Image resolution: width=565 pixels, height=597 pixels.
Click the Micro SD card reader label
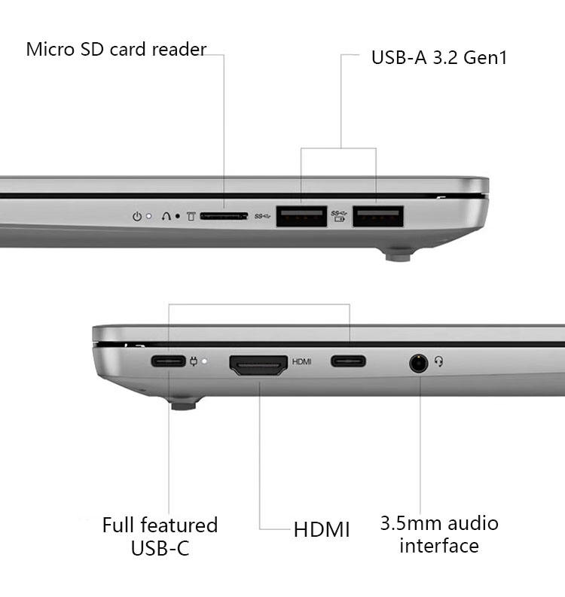(x=116, y=49)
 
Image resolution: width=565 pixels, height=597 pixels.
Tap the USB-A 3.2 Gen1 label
(x=439, y=57)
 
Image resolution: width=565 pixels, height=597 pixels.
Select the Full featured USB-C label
(x=160, y=536)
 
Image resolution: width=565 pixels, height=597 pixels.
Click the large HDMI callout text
(x=322, y=529)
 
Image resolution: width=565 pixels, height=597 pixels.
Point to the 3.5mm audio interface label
(x=439, y=535)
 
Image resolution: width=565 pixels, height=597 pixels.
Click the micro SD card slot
(x=224, y=216)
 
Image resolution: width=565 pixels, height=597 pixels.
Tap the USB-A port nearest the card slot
(x=301, y=216)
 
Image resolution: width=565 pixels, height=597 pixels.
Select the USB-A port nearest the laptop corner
(x=378, y=216)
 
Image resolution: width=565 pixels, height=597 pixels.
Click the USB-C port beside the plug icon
(x=169, y=361)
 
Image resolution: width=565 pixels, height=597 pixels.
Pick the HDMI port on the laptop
(x=258, y=365)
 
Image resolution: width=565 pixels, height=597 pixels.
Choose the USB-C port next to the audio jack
(x=348, y=361)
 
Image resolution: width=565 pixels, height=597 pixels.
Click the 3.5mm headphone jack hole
(x=419, y=363)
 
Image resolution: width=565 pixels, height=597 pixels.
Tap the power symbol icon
(x=137, y=217)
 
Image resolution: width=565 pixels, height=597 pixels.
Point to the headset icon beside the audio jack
(x=439, y=361)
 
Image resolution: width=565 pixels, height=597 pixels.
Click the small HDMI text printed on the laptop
(x=302, y=361)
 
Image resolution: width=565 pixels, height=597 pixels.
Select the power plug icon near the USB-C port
(x=194, y=361)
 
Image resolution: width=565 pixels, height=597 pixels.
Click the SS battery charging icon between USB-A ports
(x=339, y=216)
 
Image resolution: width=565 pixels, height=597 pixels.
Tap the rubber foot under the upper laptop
(x=398, y=254)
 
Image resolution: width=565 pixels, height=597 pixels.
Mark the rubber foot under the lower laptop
(x=184, y=404)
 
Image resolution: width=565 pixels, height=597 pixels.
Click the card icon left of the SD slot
(x=191, y=217)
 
